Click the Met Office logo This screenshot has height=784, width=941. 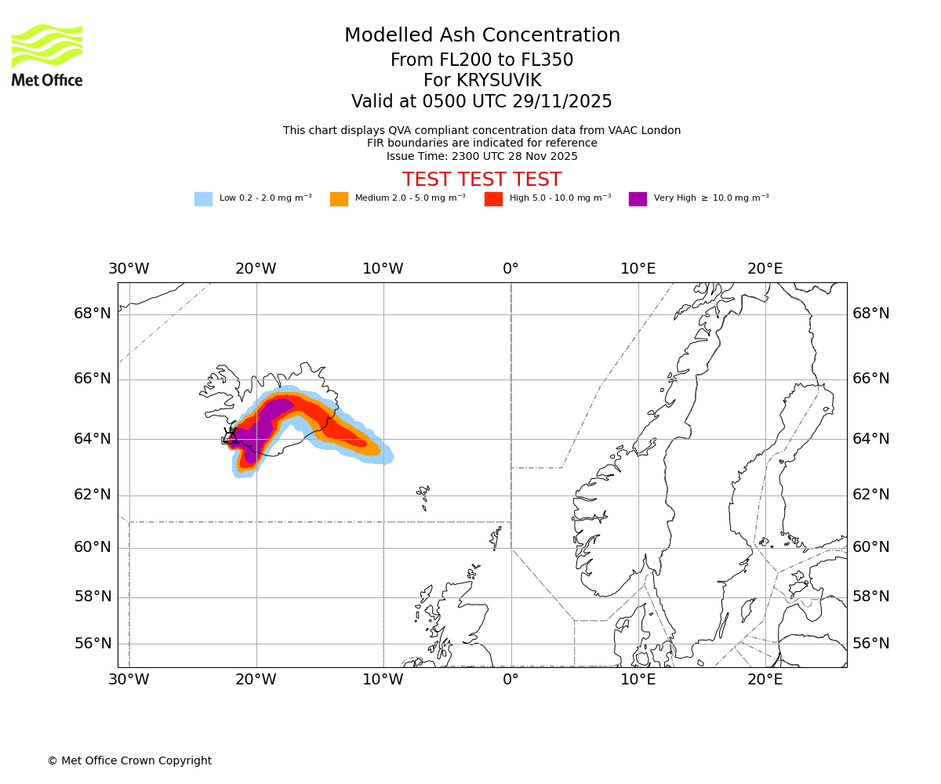click(47, 55)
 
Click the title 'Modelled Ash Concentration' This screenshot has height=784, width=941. click(481, 36)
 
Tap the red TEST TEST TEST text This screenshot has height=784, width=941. click(481, 180)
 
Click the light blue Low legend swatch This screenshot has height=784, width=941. click(203, 199)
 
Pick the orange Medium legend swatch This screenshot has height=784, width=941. click(339, 199)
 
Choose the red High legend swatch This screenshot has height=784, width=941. click(493, 199)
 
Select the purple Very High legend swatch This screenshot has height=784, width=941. click(638, 199)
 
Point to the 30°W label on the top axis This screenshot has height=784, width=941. click(129, 269)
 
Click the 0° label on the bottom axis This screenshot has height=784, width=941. click(510, 680)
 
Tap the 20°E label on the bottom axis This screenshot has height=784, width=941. click(765, 680)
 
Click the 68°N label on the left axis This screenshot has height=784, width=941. click(93, 314)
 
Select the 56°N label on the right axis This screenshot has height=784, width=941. click(871, 644)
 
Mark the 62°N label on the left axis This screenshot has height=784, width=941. click(93, 495)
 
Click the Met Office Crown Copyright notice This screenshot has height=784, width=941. click(129, 761)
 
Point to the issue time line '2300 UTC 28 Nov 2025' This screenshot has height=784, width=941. click(481, 157)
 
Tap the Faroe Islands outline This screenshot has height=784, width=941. click(424, 495)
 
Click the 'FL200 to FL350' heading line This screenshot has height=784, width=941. click(481, 60)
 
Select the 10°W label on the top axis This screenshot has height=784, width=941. click(383, 269)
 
